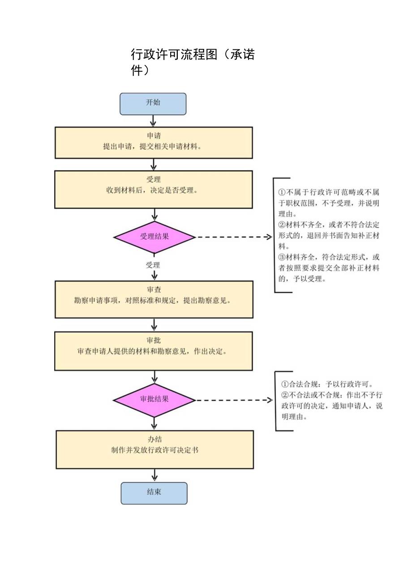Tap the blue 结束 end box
point(154,493)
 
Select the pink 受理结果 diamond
point(154,237)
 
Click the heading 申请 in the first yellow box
point(154,136)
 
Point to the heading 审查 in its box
point(154,290)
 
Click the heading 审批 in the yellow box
point(154,341)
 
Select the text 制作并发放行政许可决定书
point(154,450)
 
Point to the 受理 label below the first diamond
point(153,265)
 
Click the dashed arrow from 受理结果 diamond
point(233,237)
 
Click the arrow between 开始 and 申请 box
point(153,121)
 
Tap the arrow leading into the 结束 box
point(154,475)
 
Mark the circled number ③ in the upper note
point(282,258)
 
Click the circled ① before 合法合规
point(285,384)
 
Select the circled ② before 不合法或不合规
point(285,395)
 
